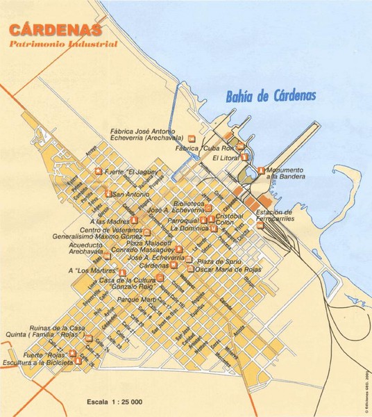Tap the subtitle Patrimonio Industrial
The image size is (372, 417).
(x=63, y=44)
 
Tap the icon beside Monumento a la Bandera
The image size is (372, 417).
(x=261, y=170)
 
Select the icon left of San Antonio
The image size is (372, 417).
(x=108, y=193)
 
